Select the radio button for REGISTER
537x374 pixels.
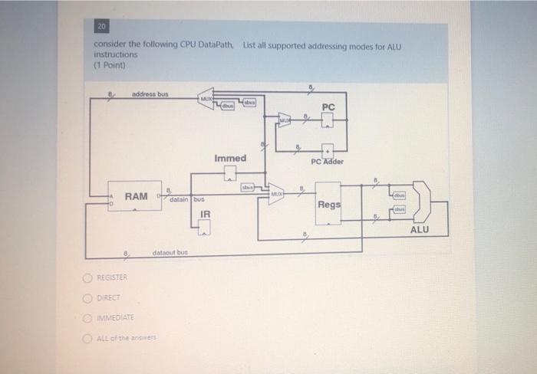(x=91, y=277)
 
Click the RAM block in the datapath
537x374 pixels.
(x=137, y=197)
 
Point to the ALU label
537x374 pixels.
(x=420, y=228)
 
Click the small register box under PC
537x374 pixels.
(x=328, y=120)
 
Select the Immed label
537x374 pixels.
(x=230, y=158)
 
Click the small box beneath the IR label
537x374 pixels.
(x=205, y=226)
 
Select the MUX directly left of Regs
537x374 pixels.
(x=275, y=193)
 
